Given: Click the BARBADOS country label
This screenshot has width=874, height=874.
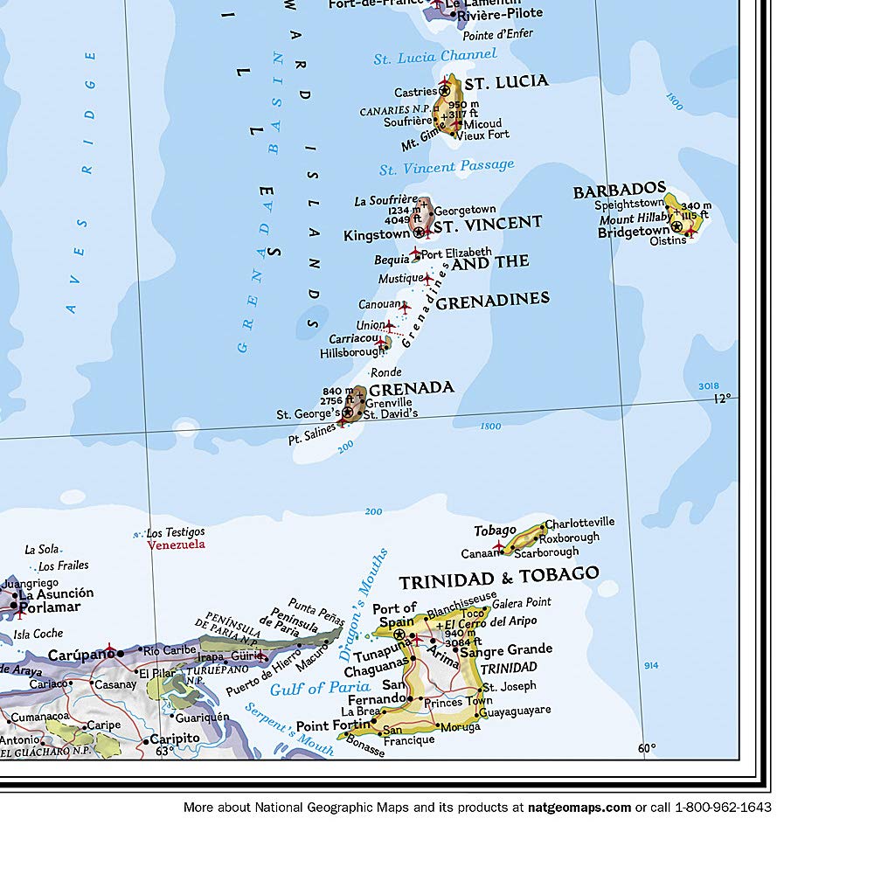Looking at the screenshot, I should click(619, 191).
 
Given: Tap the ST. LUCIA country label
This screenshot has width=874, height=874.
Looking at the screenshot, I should click(506, 82).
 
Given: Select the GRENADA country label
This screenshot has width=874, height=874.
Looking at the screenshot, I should click(411, 387).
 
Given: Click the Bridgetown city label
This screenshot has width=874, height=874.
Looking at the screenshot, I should click(633, 232).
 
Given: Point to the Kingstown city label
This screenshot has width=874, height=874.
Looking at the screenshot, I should click(376, 234).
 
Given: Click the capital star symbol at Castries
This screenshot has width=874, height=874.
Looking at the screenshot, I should click(445, 90).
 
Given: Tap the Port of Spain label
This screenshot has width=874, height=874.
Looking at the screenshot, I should click(394, 614).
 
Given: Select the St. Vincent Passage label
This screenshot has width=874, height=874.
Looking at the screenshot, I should click(447, 166).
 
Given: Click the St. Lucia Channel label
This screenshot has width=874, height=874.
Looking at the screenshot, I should click(434, 57).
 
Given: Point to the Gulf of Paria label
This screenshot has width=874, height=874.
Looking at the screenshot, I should click(308, 688).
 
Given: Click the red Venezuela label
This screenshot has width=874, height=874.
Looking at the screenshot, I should click(176, 545).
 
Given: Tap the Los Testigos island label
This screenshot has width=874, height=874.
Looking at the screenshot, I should click(175, 531).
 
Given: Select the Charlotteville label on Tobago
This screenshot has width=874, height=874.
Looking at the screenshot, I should click(580, 523).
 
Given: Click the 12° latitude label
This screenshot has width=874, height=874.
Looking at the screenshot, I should click(722, 399).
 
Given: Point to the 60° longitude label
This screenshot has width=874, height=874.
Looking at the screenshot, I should click(646, 748).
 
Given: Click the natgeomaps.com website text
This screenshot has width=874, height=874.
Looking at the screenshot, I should click(579, 808).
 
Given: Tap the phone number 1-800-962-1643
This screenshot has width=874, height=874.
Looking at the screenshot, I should click(723, 808).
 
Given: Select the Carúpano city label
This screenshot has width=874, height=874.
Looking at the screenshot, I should click(81, 654).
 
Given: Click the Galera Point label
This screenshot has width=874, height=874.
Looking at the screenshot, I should click(522, 602).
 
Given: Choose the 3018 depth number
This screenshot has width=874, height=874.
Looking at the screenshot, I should click(709, 385).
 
